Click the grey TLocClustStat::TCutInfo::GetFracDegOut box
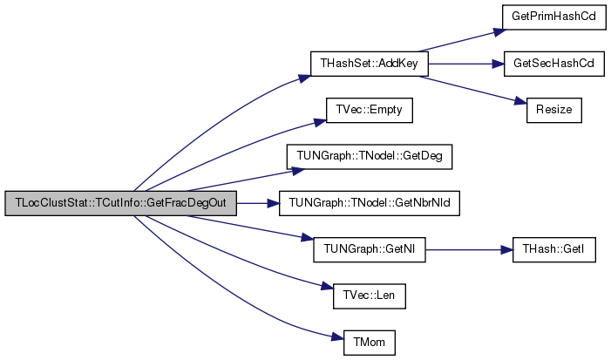click(121, 203)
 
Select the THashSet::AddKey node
click(369, 64)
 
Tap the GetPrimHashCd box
click(553, 17)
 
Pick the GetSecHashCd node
click(553, 64)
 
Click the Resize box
click(553, 110)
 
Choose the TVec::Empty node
click(369, 110)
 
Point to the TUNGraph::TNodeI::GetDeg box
click(370, 157)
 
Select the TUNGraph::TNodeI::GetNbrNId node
click(370, 203)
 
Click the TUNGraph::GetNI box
click(370, 250)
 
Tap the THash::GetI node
click(553, 250)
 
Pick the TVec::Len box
click(370, 296)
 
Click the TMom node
click(370, 343)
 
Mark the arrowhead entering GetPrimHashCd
click(500, 31)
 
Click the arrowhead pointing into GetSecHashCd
click(498, 64)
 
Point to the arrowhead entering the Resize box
click(520, 101)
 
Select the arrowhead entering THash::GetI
click(506, 250)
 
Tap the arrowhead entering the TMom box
click(337, 337)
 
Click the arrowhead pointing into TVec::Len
click(328, 287)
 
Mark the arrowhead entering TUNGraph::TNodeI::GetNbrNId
click(273, 203)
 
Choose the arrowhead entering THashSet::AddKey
click(305, 78)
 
